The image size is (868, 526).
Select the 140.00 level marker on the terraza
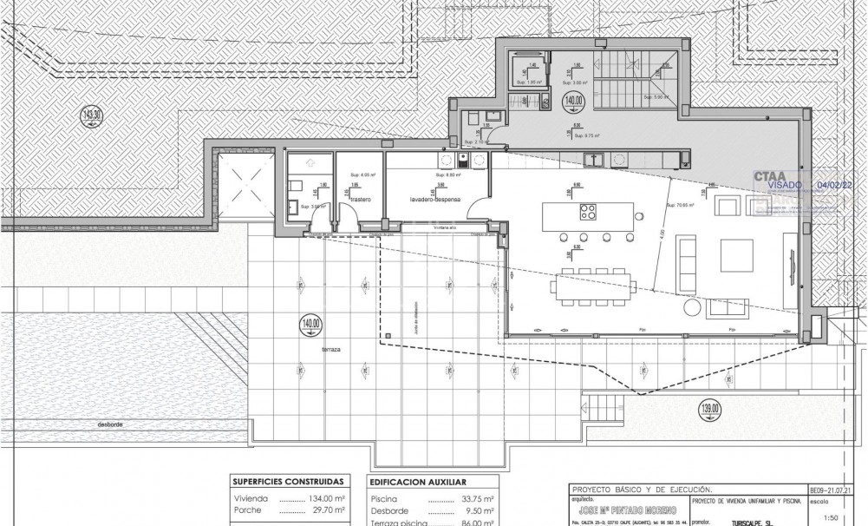pyautogui.click(x=310, y=327)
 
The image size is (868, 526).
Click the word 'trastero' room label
pyautogui.click(x=360, y=200)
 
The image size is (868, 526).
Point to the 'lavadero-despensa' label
pyautogui.click(x=437, y=200)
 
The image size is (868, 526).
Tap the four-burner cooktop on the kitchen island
pyautogui.click(x=588, y=213)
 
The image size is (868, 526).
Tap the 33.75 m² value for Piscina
pyautogui.click(x=476, y=499)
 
